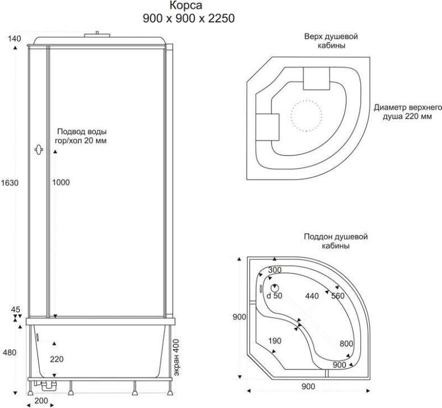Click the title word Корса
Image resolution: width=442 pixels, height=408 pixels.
[x=186, y=5]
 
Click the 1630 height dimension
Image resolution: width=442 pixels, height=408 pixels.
[x=9, y=183]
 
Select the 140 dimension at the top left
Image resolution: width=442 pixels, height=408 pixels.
[x=14, y=39]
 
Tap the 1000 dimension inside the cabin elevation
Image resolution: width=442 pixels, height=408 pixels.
[x=61, y=183]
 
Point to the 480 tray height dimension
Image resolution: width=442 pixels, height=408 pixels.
[x=10, y=352]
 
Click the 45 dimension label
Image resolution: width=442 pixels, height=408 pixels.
[x=16, y=309]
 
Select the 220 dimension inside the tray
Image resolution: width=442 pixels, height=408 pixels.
[x=57, y=359]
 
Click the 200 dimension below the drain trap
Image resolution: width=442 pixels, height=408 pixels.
[x=41, y=401]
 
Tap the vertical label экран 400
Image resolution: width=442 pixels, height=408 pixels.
[x=176, y=357]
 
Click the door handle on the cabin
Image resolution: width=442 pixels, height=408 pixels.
[x=39, y=149]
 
